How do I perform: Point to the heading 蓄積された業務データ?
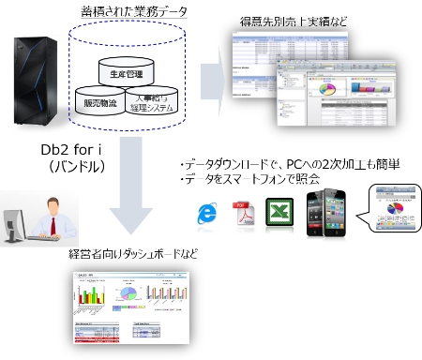134,11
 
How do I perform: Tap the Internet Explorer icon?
204,211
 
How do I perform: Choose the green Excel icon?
279,211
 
